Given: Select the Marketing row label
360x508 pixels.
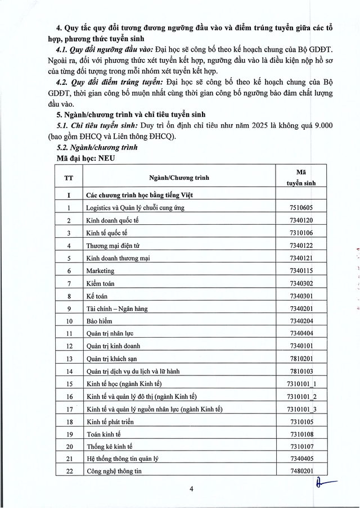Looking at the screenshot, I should [100, 270].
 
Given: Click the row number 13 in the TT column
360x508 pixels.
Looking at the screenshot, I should [69, 359].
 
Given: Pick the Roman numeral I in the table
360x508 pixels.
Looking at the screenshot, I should [69, 194].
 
